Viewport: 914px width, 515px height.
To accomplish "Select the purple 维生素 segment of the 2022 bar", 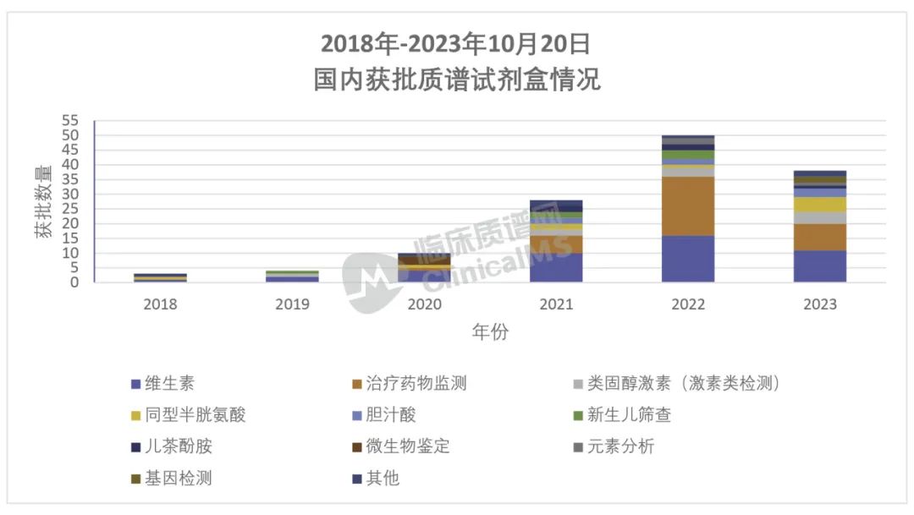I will click(x=688, y=259).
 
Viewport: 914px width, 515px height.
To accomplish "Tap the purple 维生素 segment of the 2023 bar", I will click(x=820, y=266).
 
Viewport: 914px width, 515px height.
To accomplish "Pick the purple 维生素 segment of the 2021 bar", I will click(x=556, y=267).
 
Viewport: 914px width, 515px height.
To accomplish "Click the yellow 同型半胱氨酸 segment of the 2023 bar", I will click(x=820, y=204).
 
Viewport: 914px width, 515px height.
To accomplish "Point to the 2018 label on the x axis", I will click(x=161, y=304).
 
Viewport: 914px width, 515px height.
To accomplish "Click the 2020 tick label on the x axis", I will click(x=424, y=304).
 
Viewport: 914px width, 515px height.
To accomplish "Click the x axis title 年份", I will click(x=490, y=332).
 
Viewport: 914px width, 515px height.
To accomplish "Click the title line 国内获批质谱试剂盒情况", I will click(x=457, y=80).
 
